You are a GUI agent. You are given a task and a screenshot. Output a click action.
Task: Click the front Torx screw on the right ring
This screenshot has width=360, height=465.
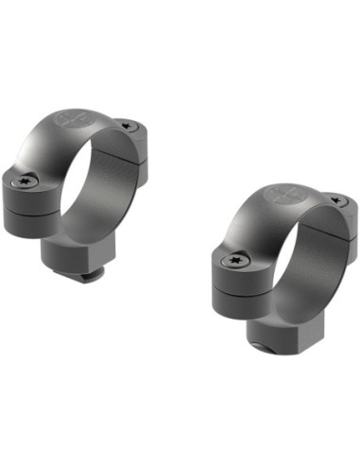point(231,257)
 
